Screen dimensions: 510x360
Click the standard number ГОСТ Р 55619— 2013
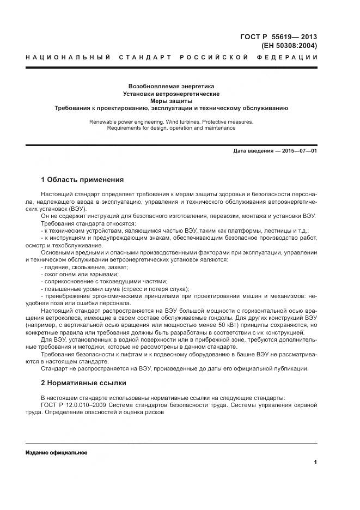point(278,37)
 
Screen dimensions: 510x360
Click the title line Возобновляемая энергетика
point(171,87)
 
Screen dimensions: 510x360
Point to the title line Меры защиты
point(171,101)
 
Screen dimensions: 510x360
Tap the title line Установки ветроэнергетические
point(171,94)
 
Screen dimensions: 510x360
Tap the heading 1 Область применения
point(82,179)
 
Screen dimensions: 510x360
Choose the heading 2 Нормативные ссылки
point(83,382)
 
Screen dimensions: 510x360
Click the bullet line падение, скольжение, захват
point(84,268)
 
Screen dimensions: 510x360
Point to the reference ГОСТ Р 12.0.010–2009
point(74,404)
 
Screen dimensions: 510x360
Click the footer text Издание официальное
point(56,453)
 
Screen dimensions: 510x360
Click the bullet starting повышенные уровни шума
point(114,289)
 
